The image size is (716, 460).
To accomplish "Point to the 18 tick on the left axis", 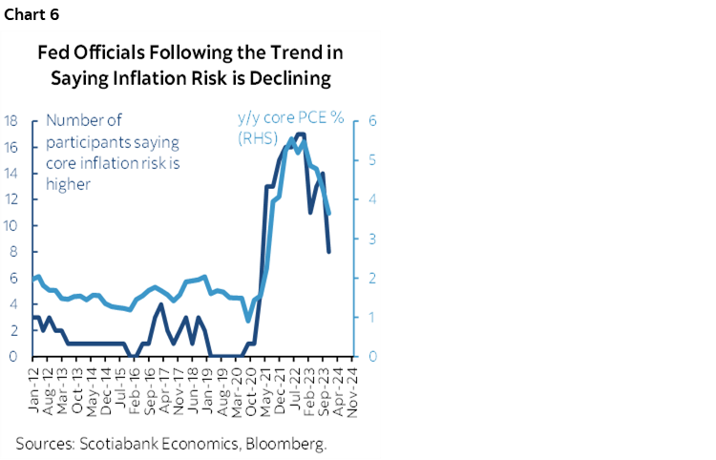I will point(11,121).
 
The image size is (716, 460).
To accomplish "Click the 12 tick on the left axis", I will point(11,199).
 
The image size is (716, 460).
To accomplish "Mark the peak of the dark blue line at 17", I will point(300,135).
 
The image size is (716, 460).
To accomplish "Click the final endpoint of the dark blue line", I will point(329,252).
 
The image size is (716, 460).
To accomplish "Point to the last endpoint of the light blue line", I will point(329,215).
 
